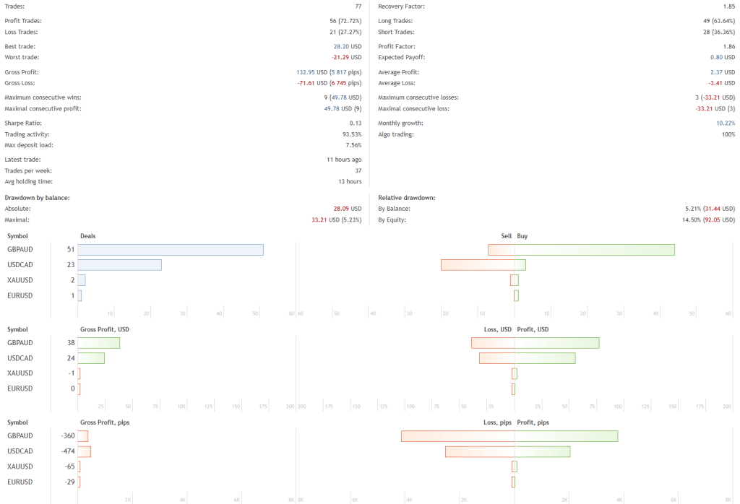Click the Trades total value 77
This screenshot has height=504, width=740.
[357, 6]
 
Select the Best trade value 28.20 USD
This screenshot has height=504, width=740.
[347, 46]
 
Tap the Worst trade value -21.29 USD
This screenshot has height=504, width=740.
[347, 57]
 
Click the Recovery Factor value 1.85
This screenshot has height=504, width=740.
[728, 6]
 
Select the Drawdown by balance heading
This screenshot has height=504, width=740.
[37, 197]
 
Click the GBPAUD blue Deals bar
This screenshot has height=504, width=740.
[170, 250]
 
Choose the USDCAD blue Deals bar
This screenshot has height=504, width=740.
[119, 265]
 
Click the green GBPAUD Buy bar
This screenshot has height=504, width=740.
[594, 250]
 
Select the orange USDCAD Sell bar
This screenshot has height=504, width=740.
[478, 265]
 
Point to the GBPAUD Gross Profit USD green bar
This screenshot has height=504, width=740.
[98, 343]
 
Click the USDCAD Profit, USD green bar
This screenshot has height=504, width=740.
[545, 358]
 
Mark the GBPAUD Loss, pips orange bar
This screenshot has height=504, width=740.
[457, 436]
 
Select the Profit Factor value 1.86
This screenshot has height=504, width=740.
[728, 46]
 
